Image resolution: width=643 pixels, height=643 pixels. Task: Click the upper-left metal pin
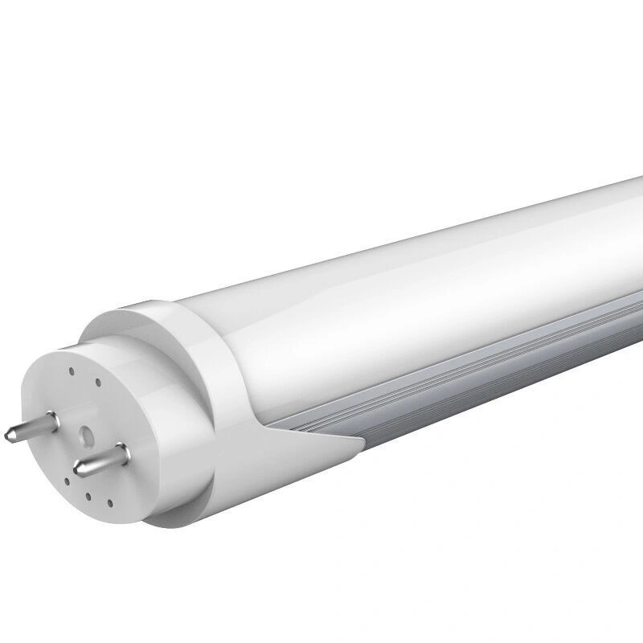(27, 425)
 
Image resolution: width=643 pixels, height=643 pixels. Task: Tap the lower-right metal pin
(96, 459)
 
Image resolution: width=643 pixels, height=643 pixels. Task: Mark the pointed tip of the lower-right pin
(78, 468)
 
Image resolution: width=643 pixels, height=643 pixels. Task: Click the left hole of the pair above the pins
(72, 371)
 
